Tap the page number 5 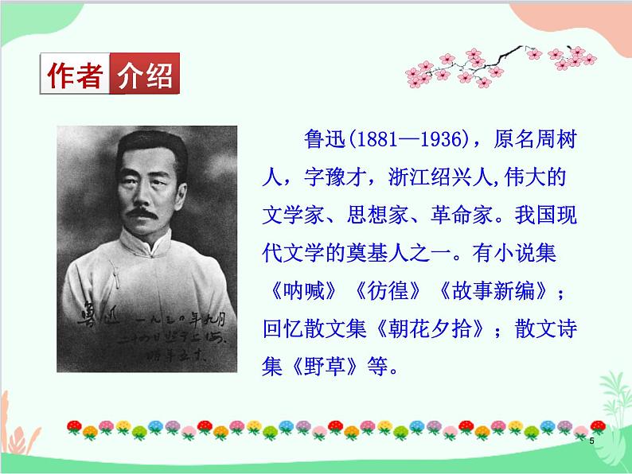[591, 441]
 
